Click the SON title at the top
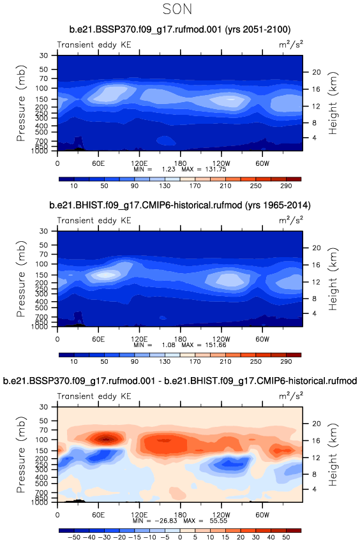[177, 9]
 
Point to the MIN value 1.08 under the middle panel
[169, 345]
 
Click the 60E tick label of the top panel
[98, 163]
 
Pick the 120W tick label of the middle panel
[221, 339]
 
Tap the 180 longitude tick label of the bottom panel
[180, 514]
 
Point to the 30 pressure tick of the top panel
[43, 56]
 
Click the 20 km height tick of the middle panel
[317, 248]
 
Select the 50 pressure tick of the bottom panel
[43, 420]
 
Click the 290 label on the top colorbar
[286, 186]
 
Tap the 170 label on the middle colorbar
[195, 362]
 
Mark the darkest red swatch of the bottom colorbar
[294, 530]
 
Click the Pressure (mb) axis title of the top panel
[21, 103]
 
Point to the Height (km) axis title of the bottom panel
[333, 455]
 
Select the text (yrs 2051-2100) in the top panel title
[258, 29]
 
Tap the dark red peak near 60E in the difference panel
[106, 439]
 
